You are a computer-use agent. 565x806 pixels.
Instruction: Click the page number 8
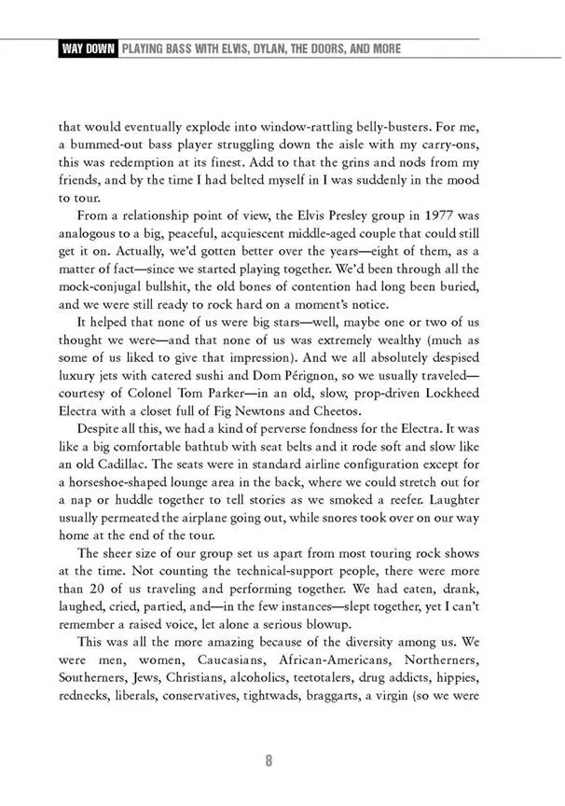[x=269, y=760]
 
